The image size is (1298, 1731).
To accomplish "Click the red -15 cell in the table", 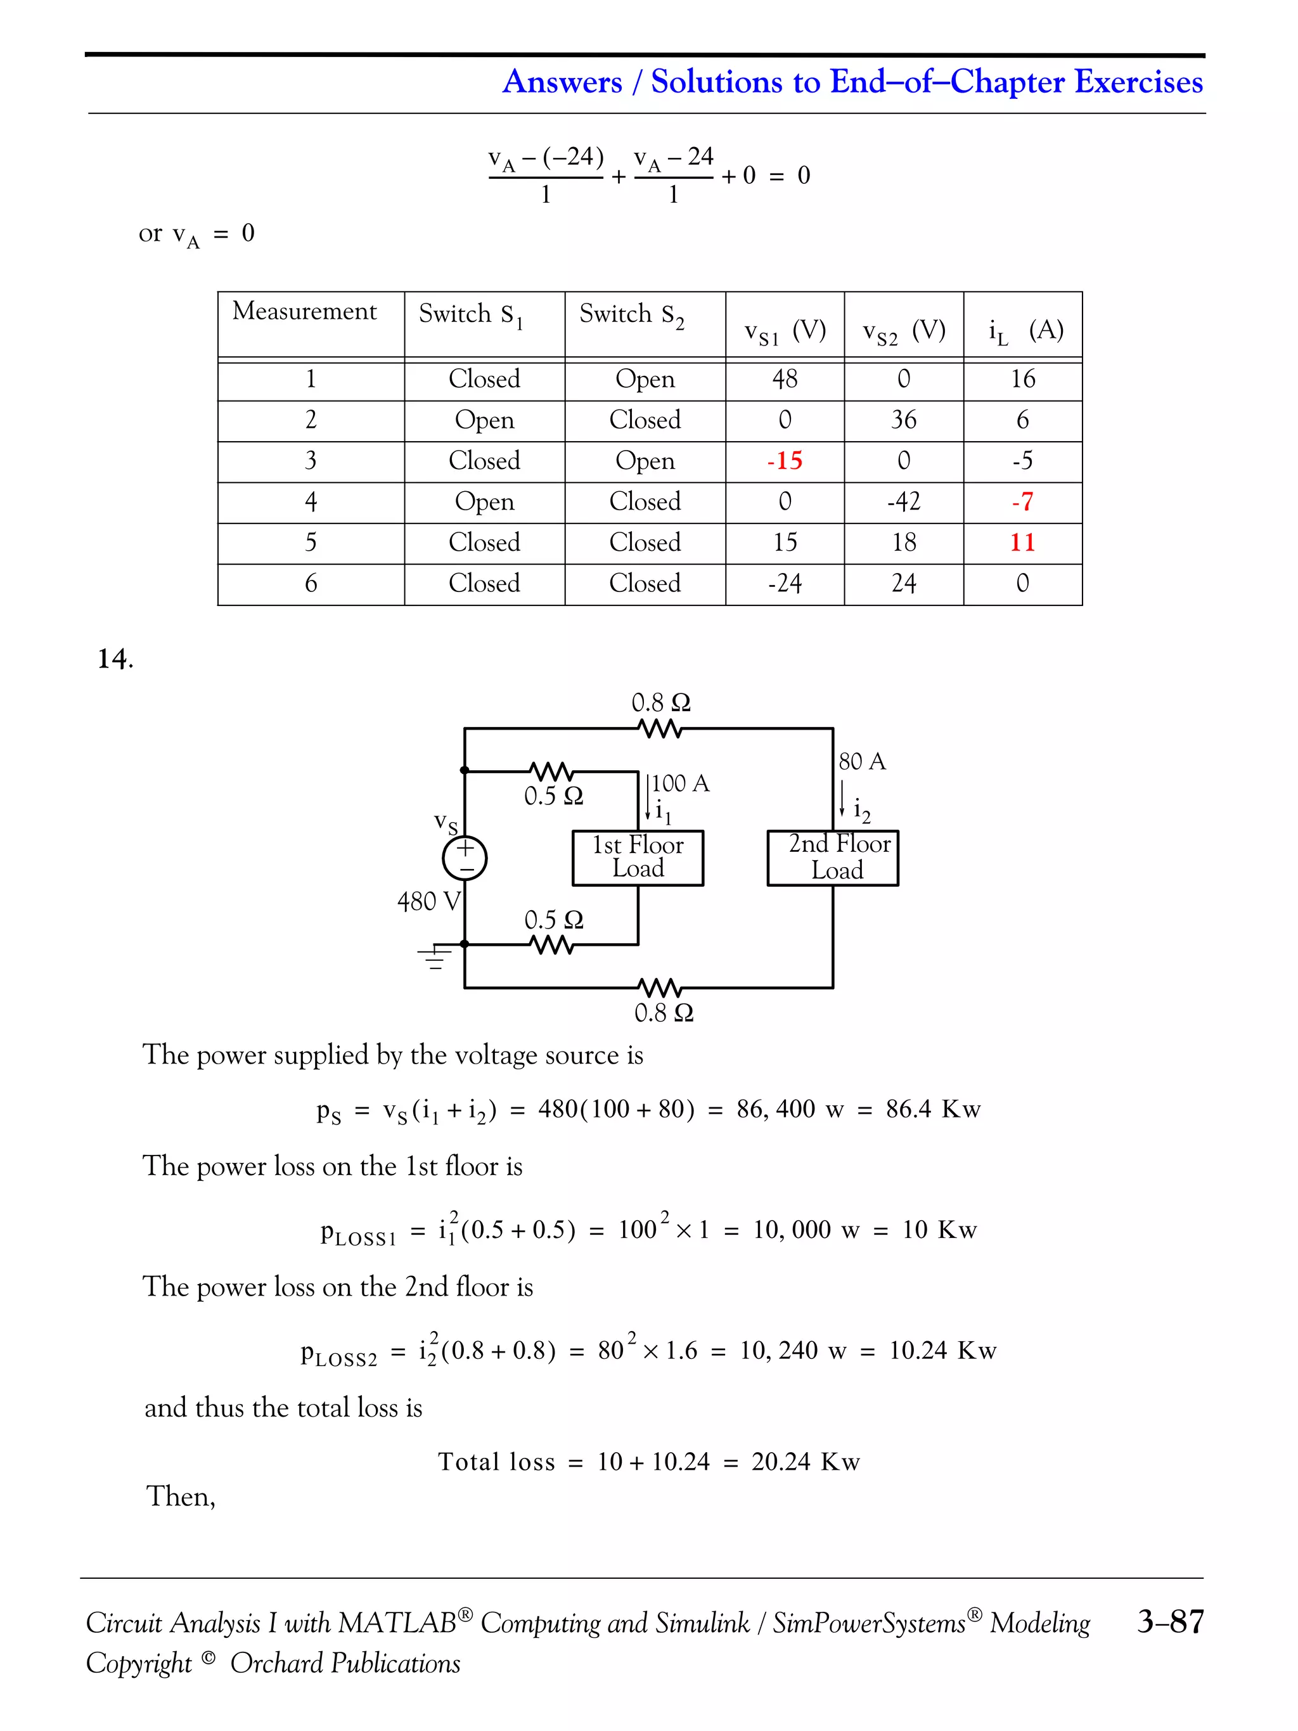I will point(785,461).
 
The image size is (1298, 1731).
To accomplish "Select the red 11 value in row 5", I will point(1022,543).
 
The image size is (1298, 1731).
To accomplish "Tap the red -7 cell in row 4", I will point(1022,501).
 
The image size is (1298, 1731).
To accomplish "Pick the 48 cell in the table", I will point(785,380).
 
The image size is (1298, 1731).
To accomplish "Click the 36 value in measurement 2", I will point(904,420).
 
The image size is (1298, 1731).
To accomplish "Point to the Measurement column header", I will point(304,311).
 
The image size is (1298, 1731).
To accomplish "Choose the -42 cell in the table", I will point(904,501).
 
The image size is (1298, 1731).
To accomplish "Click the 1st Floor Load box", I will point(638,858).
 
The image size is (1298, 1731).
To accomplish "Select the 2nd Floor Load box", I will point(832,858).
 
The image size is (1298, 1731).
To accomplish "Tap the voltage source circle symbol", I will point(465,858).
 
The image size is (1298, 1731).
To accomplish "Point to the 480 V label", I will point(428,901).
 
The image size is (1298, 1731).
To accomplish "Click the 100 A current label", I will point(680,783).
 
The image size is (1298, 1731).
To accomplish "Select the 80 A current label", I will point(861,761).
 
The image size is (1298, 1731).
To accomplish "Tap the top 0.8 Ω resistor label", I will point(661,703).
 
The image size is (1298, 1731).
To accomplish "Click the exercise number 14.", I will point(115,659).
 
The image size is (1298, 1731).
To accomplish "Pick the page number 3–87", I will point(1170,1621).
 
